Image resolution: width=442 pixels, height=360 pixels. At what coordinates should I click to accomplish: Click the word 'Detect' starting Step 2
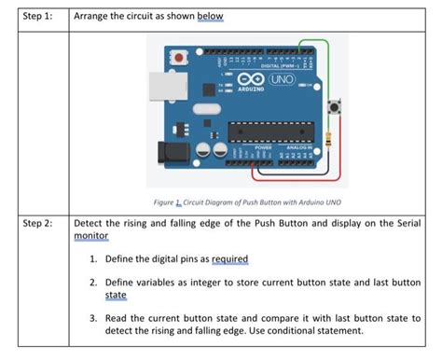point(90,225)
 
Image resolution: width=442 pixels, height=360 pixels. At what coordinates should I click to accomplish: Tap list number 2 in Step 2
point(95,281)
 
